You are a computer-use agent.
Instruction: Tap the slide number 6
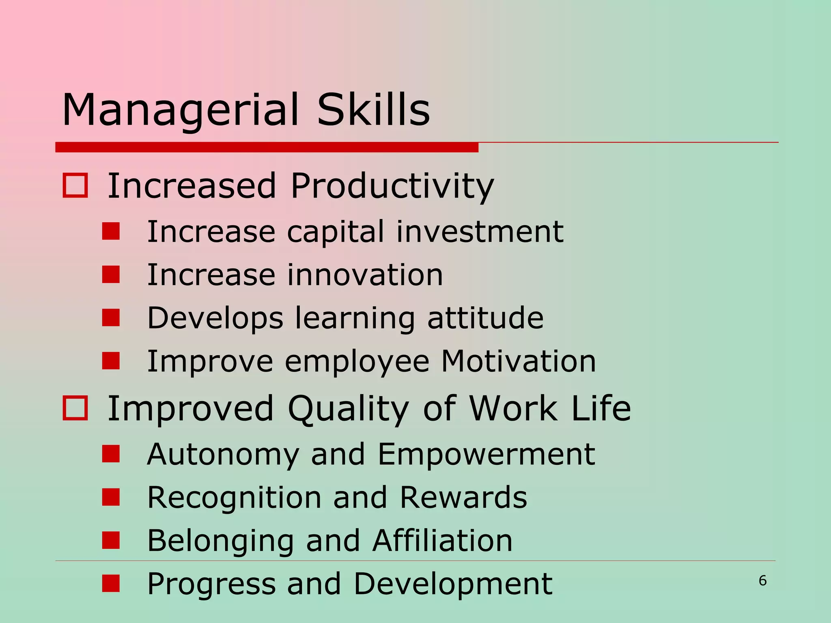click(762, 581)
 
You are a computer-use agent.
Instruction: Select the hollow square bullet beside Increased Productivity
click(75, 186)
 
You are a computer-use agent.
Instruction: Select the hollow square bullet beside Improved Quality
click(75, 408)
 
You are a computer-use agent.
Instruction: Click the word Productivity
click(392, 187)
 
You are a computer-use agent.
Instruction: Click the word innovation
click(365, 275)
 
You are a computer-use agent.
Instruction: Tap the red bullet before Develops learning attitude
click(111, 318)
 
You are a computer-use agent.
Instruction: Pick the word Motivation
click(518, 361)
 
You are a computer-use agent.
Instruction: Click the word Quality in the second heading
click(348, 409)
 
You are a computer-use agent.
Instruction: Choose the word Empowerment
click(486, 454)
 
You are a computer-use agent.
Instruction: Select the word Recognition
click(234, 498)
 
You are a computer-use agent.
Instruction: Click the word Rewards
click(463, 497)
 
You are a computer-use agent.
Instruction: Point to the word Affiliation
click(442, 541)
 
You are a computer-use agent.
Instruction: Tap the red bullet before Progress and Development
click(111, 584)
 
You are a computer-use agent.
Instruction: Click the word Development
click(452, 584)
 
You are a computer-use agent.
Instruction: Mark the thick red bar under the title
click(267, 147)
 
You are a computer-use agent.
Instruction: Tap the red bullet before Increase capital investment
click(111, 232)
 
